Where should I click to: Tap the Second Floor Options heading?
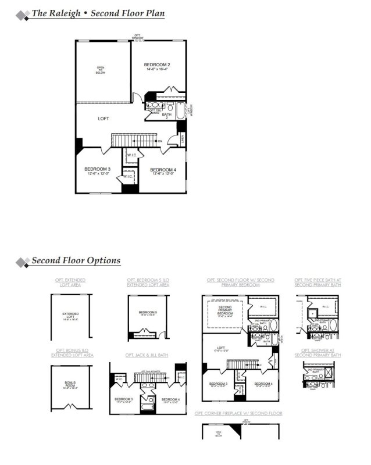click(x=76, y=260)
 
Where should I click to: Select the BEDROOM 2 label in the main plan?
click(x=156, y=65)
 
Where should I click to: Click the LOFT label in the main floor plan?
click(x=104, y=119)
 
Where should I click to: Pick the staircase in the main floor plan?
click(x=134, y=141)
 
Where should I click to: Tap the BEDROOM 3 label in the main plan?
click(x=97, y=170)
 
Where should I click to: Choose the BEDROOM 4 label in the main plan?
click(x=163, y=170)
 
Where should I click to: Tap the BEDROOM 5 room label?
click(x=148, y=313)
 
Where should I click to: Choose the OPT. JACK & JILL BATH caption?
click(x=147, y=355)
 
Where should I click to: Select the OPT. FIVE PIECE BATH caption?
click(x=318, y=282)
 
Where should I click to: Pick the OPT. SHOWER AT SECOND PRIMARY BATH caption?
click(x=318, y=352)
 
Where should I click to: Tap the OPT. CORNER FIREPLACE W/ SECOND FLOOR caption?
click(x=238, y=413)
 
